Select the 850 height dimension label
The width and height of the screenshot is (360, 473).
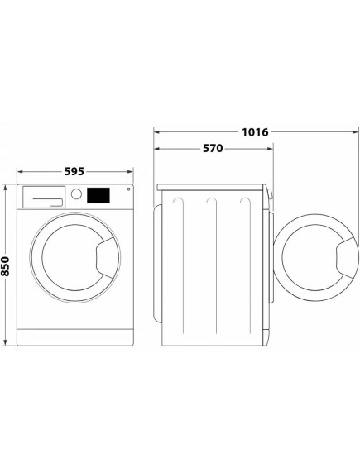coord(7,265)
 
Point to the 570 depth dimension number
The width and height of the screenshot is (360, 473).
coord(214,149)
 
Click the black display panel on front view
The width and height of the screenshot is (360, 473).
coord(99,195)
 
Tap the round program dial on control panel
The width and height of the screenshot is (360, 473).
coord(77,195)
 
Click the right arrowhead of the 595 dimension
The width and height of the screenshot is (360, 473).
coord(134,172)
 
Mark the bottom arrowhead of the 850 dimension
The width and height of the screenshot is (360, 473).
coord(7,342)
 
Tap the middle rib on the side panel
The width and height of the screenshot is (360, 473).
coord(213,265)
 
